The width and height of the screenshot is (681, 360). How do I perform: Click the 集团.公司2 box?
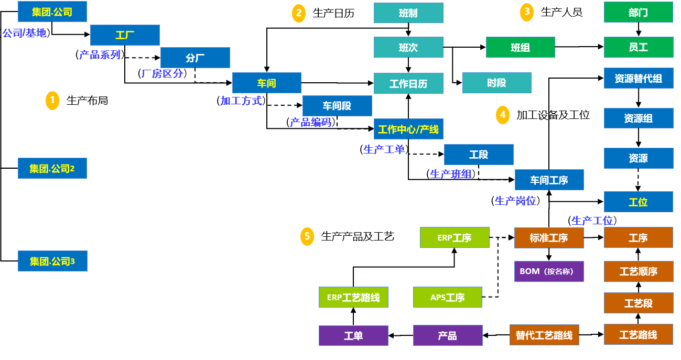52,168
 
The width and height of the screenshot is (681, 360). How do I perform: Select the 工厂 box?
125,35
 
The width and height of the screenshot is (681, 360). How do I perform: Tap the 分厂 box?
195,58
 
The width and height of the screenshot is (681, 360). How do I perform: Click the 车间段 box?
337,106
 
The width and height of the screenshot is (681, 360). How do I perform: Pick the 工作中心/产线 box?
408,129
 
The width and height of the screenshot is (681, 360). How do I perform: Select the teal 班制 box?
408,13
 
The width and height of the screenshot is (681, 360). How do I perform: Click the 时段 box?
496,83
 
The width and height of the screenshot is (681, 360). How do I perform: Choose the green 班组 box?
520,47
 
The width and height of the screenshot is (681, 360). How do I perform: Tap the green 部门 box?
638,12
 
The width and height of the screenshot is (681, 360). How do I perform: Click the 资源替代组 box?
638,79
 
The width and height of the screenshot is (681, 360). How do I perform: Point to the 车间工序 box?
549,180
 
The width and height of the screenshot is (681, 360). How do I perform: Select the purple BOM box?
549,271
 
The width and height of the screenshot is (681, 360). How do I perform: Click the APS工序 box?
448,297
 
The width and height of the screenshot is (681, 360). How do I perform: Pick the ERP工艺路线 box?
353,297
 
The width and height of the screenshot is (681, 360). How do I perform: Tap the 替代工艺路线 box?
544,335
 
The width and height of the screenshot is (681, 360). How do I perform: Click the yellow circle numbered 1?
52,101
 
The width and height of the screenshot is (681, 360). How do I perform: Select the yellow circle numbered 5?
307,236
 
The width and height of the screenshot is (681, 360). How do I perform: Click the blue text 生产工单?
384,149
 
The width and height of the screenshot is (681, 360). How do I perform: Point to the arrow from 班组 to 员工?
579,47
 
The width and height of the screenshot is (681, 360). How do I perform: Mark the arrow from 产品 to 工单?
401,335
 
